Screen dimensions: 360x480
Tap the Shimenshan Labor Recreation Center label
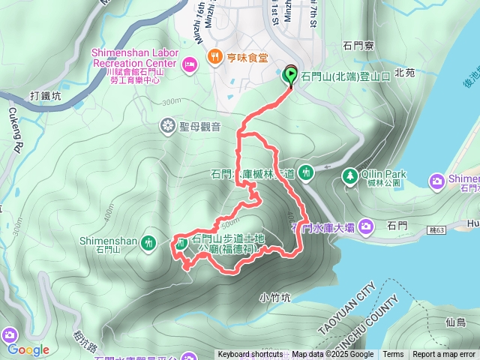pyautogui.click(x=135, y=58)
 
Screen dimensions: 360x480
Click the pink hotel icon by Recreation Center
pyautogui.click(x=190, y=64)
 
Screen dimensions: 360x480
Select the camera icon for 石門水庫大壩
pyautogui.click(x=365, y=225)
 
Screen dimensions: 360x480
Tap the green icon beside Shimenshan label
pyautogui.click(x=149, y=242)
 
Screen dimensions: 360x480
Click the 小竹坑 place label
pyautogui.click(x=277, y=296)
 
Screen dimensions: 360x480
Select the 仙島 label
pyautogui.click(x=455, y=322)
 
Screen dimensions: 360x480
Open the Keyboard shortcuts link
pyautogui.click(x=250, y=355)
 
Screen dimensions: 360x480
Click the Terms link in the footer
pyautogui.click(x=393, y=355)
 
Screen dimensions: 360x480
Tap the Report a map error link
pyautogui.click(x=444, y=355)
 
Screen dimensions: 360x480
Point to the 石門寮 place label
pyautogui.click(x=357, y=46)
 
